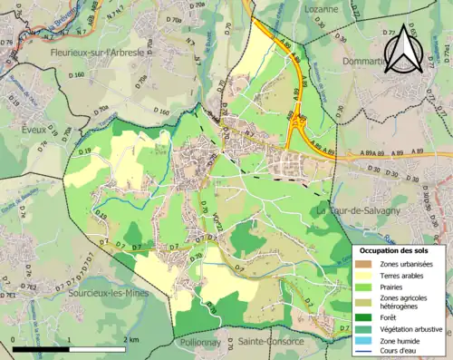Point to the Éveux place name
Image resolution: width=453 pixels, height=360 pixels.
pos(34,130)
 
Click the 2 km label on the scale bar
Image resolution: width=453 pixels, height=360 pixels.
pos(134,339)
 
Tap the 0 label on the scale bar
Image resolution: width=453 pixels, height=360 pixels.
pos(14,339)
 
